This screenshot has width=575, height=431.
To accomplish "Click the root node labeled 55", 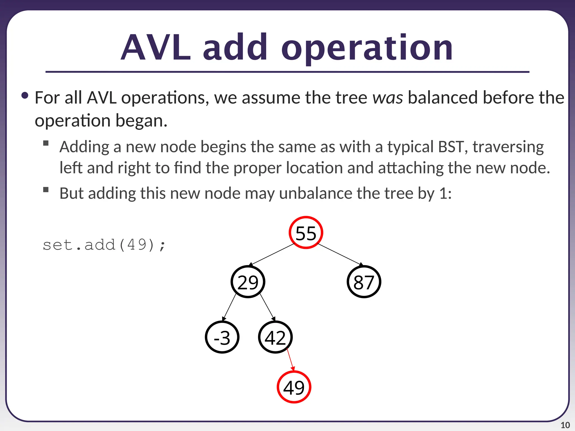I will pyautogui.click(x=306, y=233).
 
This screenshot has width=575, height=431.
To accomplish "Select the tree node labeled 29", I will pyautogui.click(x=248, y=282).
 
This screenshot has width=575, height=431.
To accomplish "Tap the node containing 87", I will pyautogui.click(x=364, y=282).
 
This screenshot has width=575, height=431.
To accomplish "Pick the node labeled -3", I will pyautogui.click(x=222, y=337).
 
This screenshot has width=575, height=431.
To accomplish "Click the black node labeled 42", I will pyautogui.click(x=275, y=337).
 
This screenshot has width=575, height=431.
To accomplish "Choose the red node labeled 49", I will pyautogui.click(x=294, y=387).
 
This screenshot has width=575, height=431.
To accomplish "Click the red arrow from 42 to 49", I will pyautogui.click(x=291, y=360).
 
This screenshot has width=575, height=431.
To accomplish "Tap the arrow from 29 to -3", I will pyautogui.click(x=229, y=307).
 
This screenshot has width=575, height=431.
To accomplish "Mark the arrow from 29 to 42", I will pyautogui.click(x=267, y=307).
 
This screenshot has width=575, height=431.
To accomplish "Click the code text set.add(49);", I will pyautogui.click(x=104, y=245).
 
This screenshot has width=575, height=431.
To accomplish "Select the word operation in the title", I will pyautogui.click(x=367, y=48).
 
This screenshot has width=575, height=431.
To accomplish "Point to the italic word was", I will pyautogui.click(x=388, y=98).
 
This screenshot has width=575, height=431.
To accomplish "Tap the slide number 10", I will pyautogui.click(x=565, y=425).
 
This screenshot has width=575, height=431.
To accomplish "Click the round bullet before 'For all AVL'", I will pyautogui.click(x=25, y=96).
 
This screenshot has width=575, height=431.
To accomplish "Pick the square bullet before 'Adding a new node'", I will pyautogui.click(x=46, y=143).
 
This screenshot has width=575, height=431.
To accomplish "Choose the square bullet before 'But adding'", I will pyautogui.click(x=46, y=190).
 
